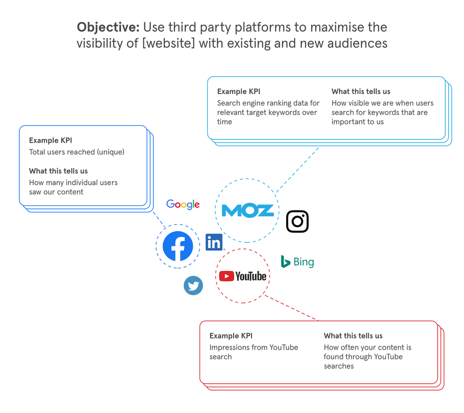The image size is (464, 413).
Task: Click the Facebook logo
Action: click(178, 246)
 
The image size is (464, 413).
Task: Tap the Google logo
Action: click(183, 205)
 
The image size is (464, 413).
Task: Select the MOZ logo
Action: click(248, 211)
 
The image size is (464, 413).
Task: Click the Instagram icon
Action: click(297, 221)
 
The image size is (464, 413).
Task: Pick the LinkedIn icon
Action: click(214, 243)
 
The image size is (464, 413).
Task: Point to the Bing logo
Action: click(298, 262)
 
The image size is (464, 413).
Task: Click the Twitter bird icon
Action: click(193, 286)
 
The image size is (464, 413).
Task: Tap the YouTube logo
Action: click(243, 276)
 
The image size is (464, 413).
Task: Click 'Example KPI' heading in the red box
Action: click(231, 336)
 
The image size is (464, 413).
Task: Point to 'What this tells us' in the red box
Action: click(353, 336)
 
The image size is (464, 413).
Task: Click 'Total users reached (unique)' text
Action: click(76, 152)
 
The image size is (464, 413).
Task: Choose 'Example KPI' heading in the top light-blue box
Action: click(238, 91)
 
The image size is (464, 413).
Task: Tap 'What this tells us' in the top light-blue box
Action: click(361, 91)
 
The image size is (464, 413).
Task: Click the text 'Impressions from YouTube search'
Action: click(253, 352)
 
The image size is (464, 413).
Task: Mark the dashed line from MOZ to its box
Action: click(298, 168)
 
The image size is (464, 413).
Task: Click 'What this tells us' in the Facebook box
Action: click(58, 171)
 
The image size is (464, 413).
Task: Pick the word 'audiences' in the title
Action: click(357, 43)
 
